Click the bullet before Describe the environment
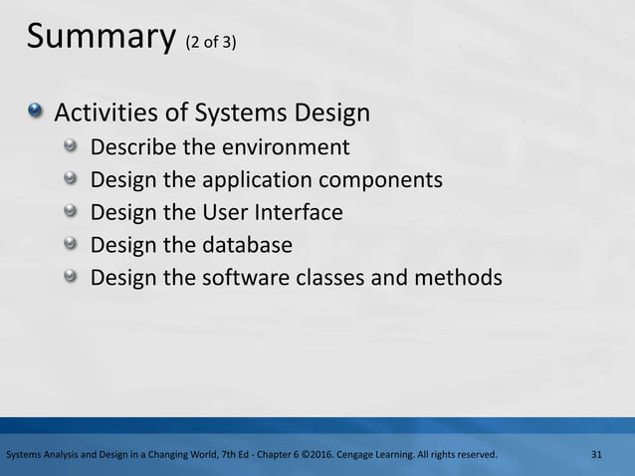[x=71, y=147]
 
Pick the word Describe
[x=133, y=148]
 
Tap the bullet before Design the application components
[x=71, y=180]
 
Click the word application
[x=251, y=181]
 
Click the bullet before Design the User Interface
[x=71, y=212]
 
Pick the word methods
[x=461, y=278]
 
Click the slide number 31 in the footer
[x=597, y=455]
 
